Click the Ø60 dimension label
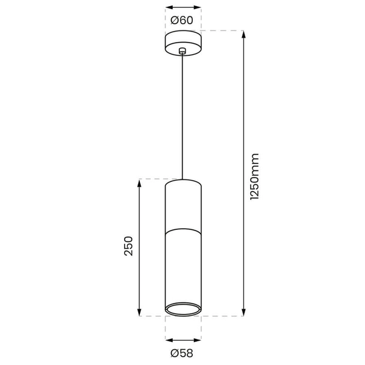coord(182,20)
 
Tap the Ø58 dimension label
coord(182,352)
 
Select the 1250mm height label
coord(255,176)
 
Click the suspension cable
coord(183,116)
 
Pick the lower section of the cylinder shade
coord(183,268)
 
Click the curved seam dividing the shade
coord(183,229)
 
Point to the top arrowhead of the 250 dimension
coord(141,183)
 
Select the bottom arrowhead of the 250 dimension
coord(141,313)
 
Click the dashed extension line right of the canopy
coord(222,30)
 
